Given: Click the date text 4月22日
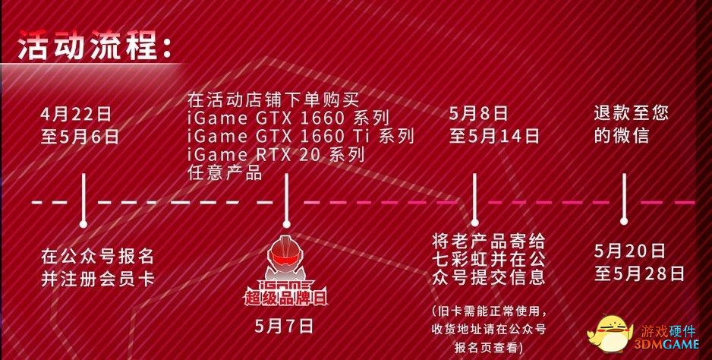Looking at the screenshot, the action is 75,114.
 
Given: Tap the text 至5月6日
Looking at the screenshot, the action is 80,137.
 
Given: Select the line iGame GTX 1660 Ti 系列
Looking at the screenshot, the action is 301,136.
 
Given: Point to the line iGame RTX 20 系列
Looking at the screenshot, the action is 276,154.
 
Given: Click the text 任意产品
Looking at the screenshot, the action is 225,172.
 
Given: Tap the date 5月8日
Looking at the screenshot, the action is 478,114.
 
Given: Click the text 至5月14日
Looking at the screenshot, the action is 494,136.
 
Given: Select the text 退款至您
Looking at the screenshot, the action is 632,113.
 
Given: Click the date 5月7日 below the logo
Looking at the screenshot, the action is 284,327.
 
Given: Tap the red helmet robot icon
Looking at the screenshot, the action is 285,257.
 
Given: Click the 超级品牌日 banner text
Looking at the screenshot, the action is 285,298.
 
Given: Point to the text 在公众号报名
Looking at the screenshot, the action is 98,257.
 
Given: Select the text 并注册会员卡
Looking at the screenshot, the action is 98,279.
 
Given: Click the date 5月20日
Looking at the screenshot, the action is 630,251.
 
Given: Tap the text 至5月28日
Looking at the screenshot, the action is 639,273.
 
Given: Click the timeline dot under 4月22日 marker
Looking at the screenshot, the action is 83,224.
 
